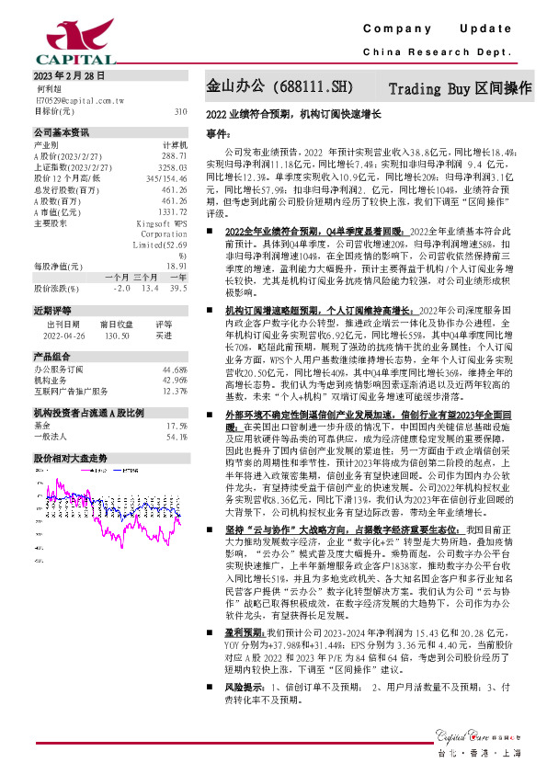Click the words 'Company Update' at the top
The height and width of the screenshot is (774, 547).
pos(437,29)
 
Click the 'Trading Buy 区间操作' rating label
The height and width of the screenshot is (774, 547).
pos(461,89)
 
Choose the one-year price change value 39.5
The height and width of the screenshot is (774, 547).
pos(177,289)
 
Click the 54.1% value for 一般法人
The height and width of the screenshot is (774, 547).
pos(177,436)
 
